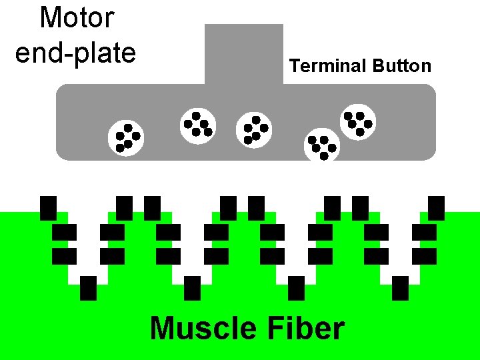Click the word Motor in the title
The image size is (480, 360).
pos(77,18)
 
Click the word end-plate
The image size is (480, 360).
pos(75,53)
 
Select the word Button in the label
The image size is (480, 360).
pos(402,66)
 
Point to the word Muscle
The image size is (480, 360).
pos(203,329)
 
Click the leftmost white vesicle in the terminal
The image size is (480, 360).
pos(125,137)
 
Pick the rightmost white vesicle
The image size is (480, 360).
pos(358,122)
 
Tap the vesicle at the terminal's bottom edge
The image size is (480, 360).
pos(321,145)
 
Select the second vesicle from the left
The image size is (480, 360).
pos(198,125)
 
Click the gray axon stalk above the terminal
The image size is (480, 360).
pos(244,53)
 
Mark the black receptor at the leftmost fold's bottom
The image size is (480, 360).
pos(88,288)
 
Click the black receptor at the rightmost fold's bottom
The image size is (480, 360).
pos(401,288)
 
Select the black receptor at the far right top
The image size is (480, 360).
pos(436,207)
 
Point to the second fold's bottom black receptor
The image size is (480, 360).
pos(192,288)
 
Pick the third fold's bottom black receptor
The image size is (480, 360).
pos(297,288)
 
